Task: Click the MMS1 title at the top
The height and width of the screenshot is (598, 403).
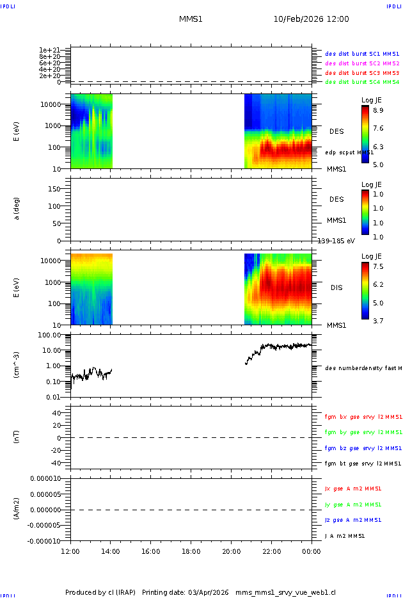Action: click(191, 19)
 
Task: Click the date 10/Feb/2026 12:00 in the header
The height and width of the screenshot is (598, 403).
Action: click(311, 19)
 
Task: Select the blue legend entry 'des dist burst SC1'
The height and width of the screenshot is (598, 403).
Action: click(362, 54)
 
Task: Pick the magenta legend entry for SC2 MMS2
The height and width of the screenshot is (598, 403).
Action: click(362, 63)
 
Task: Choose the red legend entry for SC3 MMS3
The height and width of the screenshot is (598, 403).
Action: click(362, 73)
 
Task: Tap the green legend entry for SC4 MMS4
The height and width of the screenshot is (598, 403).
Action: click(362, 82)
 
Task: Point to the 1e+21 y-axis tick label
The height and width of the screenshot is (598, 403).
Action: click(49, 50)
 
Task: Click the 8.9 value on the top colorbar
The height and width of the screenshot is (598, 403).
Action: click(378, 110)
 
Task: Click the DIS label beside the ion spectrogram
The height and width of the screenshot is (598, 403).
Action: click(336, 288)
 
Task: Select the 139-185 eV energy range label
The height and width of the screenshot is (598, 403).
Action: click(336, 241)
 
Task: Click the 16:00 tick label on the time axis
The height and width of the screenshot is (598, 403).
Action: click(151, 551)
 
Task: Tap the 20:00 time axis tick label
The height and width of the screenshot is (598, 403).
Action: click(232, 551)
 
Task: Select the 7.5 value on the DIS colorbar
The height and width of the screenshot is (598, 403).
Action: click(378, 266)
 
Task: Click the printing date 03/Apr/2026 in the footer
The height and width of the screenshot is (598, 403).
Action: click(208, 592)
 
